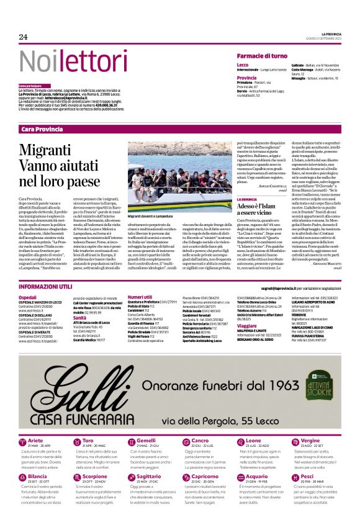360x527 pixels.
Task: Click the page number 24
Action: click(x=24, y=37)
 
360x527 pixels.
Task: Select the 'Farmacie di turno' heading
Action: click(x=262, y=56)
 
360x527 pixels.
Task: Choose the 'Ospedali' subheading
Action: click(x=27, y=297)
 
